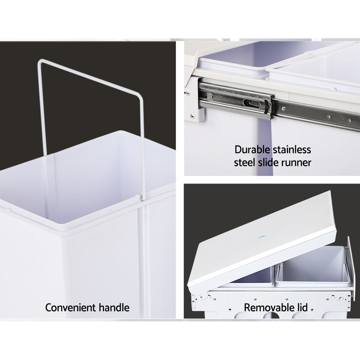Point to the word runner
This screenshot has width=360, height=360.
(x=295, y=162)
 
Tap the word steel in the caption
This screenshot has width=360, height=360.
(x=245, y=162)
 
